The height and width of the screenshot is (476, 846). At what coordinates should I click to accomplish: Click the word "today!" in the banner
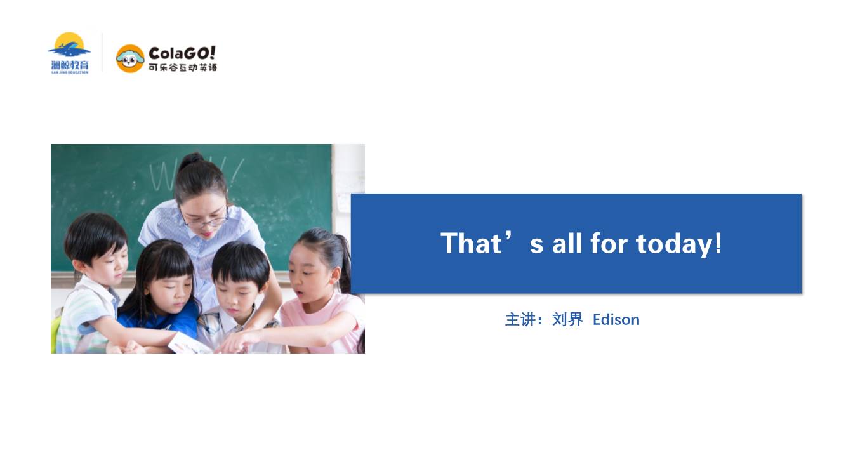[x=678, y=244]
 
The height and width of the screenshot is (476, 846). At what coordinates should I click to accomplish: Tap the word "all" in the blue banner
[x=567, y=243]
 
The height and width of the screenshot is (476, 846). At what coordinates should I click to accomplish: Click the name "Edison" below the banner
[x=616, y=320]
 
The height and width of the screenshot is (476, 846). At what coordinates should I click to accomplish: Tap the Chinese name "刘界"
[x=567, y=320]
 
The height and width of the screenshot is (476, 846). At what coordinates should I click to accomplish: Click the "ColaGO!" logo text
[x=182, y=53]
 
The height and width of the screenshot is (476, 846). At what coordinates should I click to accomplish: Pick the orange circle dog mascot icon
[x=130, y=58]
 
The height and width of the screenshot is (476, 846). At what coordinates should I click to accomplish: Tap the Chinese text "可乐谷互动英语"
[x=183, y=68]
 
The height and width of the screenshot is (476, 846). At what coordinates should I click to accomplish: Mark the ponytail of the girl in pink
[x=343, y=261]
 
